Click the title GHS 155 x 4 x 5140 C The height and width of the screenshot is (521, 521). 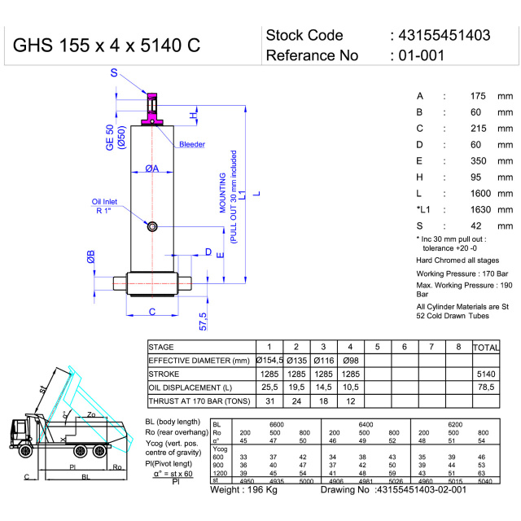pos(105,46)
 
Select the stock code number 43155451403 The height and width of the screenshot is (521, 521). pos(444,35)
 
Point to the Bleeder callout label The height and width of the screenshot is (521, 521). pos(191,144)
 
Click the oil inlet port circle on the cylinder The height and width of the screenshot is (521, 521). pos(152,225)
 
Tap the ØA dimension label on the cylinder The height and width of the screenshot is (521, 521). pos(152,169)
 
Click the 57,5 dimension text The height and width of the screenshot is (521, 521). pos(204,318)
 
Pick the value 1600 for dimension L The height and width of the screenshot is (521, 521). pos(480,193)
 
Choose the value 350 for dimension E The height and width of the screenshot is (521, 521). pos(480,160)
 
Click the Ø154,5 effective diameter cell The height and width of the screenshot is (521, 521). pos(269,360)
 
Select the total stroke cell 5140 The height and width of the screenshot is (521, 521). pos(485,374)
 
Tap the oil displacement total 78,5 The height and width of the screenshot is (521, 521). pos(486,387)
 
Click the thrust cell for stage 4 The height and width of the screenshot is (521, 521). pos(350,401)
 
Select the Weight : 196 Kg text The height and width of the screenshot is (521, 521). pos(243,490)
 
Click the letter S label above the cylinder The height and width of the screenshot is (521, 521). pos(113,75)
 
